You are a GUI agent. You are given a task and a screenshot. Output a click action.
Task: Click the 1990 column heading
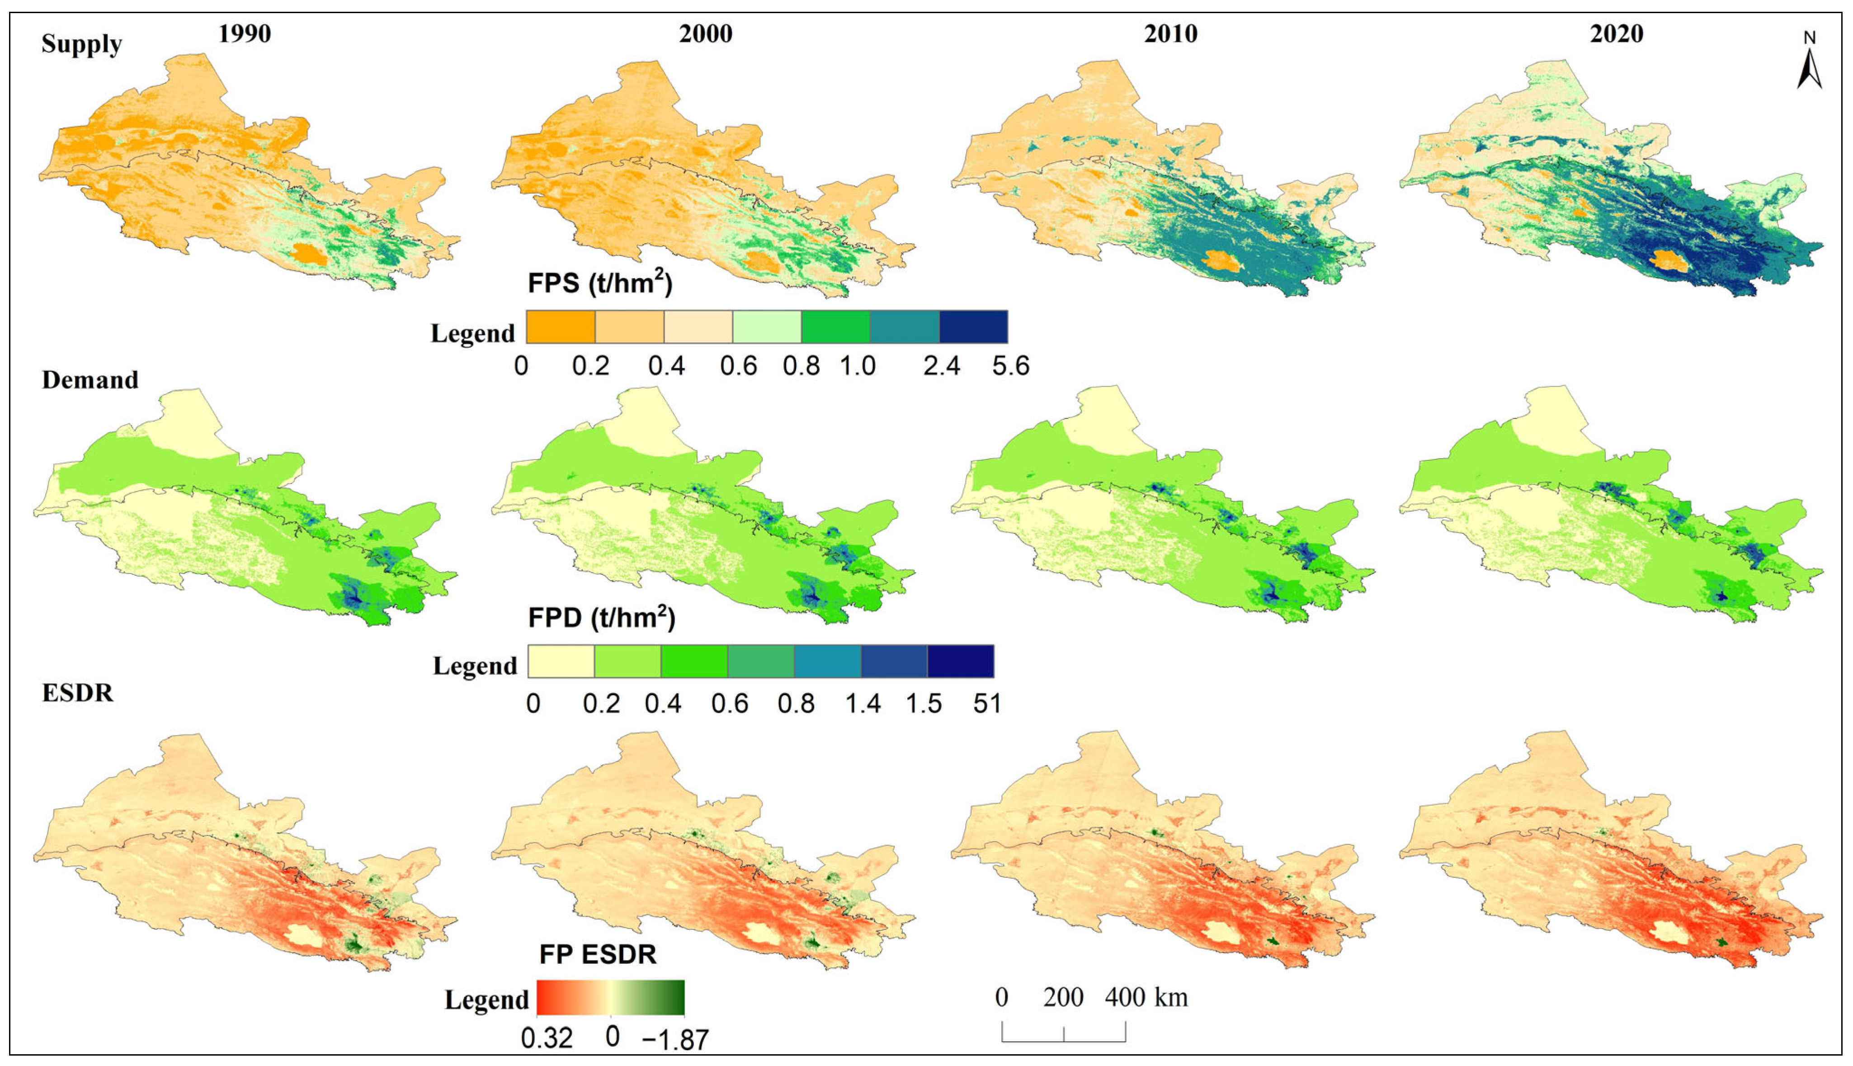(245, 33)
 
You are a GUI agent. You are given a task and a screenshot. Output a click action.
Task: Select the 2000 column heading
(706, 33)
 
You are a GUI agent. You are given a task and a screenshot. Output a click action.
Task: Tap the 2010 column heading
(1171, 33)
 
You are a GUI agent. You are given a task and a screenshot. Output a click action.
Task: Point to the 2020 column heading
(1617, 33)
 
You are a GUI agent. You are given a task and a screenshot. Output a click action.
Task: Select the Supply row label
(81, 44)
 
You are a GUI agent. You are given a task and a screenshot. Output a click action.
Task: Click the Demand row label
(90, 380)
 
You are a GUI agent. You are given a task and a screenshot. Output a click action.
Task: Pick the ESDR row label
(78, 692)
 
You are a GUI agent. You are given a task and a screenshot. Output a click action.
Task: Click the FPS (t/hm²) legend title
(599, 282)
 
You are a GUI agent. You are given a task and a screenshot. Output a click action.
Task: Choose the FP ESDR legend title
(598, 954)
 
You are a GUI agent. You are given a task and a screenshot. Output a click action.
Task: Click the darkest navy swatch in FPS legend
(973, 327)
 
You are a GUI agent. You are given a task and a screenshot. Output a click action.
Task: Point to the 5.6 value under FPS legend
(1011, 365)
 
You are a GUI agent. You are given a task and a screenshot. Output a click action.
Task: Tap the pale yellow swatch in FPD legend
(561, 661)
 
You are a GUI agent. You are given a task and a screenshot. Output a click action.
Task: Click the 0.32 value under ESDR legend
(547, 1038)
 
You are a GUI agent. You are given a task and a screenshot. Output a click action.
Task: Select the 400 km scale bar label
(1146, 997)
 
